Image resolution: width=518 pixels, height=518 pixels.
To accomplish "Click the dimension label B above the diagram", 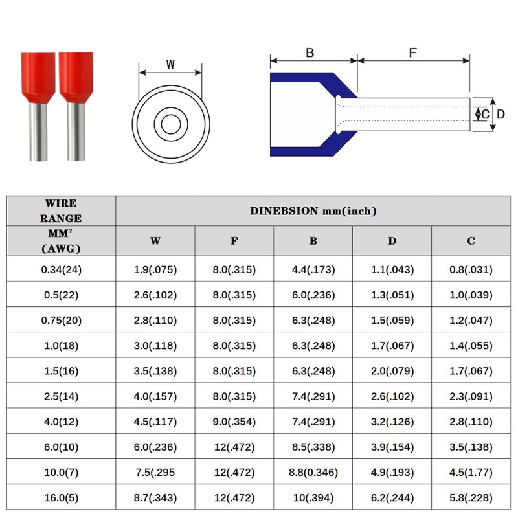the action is [x=310, y=53].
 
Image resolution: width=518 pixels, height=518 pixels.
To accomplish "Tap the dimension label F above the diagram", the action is [x=412, y=53].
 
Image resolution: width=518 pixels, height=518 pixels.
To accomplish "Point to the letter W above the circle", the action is [x=170, y=64].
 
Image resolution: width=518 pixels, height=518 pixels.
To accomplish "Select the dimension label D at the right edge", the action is [x=501, y=115].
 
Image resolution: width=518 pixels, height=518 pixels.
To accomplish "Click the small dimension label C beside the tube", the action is [x=485, y=115].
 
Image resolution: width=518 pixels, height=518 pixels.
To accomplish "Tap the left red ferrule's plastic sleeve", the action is [x=38, y=77].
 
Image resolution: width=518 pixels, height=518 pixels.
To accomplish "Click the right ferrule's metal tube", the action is [x=76, y=132].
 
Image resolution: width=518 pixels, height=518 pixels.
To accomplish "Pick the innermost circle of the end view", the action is [x=171, y=124].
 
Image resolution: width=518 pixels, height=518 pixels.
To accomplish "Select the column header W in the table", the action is [x=155, y=241].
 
